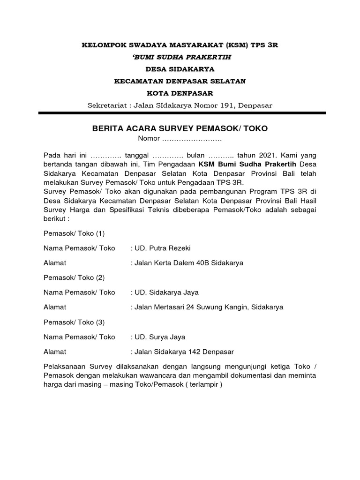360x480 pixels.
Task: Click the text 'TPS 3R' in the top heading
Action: [264, 45]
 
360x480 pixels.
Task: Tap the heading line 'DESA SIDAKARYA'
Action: [180, 69]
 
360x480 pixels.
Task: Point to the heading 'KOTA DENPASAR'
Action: [180, 93]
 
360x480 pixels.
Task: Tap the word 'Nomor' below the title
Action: [148, 139]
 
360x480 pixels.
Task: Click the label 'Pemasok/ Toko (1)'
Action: [74, 233]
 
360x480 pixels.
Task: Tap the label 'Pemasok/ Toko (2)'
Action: [74, 277]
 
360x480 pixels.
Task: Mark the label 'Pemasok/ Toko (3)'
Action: [74, 322]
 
